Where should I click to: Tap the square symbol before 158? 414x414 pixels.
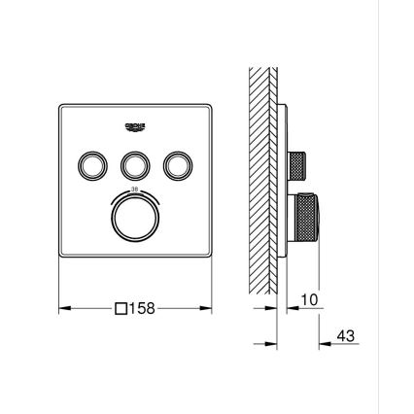[x=121, y=309]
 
